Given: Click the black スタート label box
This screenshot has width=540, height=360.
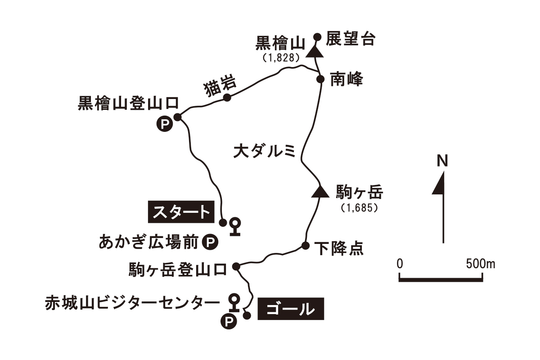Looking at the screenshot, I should [x=180, y=212].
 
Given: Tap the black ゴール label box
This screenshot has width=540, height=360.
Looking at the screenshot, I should [x=290, y=309].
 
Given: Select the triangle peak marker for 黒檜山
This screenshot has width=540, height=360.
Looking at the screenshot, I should [x=316, y=51].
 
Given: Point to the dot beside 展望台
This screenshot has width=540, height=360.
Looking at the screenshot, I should [x=317, y=37].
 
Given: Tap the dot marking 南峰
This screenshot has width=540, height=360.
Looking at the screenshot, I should [x=320, y=79].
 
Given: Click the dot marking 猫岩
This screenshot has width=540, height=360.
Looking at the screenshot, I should [x=227, y=97].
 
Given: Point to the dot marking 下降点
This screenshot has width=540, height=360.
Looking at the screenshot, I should [x=305, y=246].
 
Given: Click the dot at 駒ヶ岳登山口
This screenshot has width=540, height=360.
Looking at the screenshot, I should [x=237, y=266].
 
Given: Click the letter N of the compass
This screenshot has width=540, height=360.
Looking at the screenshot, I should [x=443, y=161].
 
